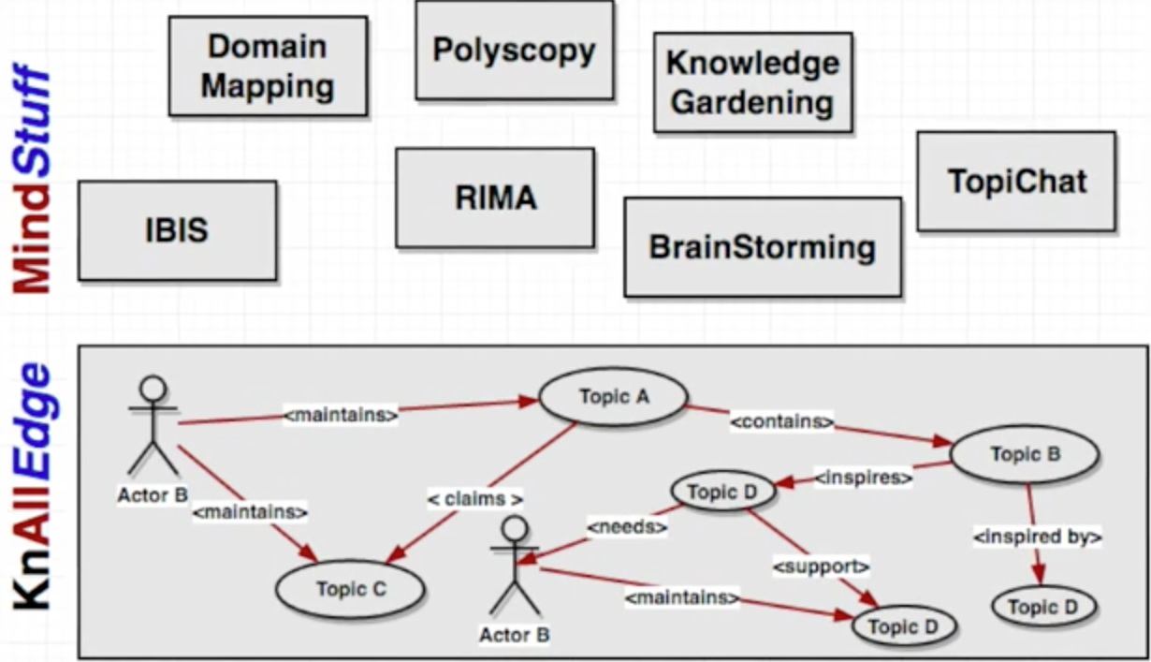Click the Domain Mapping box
coord(268,66)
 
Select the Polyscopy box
coord(514,50)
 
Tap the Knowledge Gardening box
coord(752,82)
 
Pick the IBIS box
coord(177,230)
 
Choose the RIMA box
coord(494,198)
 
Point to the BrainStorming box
coord(762,247)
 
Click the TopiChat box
coord(1015,181)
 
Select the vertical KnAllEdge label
coord(34,487)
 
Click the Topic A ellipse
coord(613,397)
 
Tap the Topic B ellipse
coord(1025,455)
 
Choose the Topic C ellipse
coord(350,589)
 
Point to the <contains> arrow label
coord(781,421)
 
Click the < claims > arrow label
coord(475,498)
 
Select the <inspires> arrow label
coord(863,478)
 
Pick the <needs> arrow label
coord(627,527)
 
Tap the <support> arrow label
coord(821,566)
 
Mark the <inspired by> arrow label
coord(1037,537)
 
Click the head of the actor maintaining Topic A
coord(153,389)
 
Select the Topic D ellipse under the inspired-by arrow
coord(1042,608)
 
